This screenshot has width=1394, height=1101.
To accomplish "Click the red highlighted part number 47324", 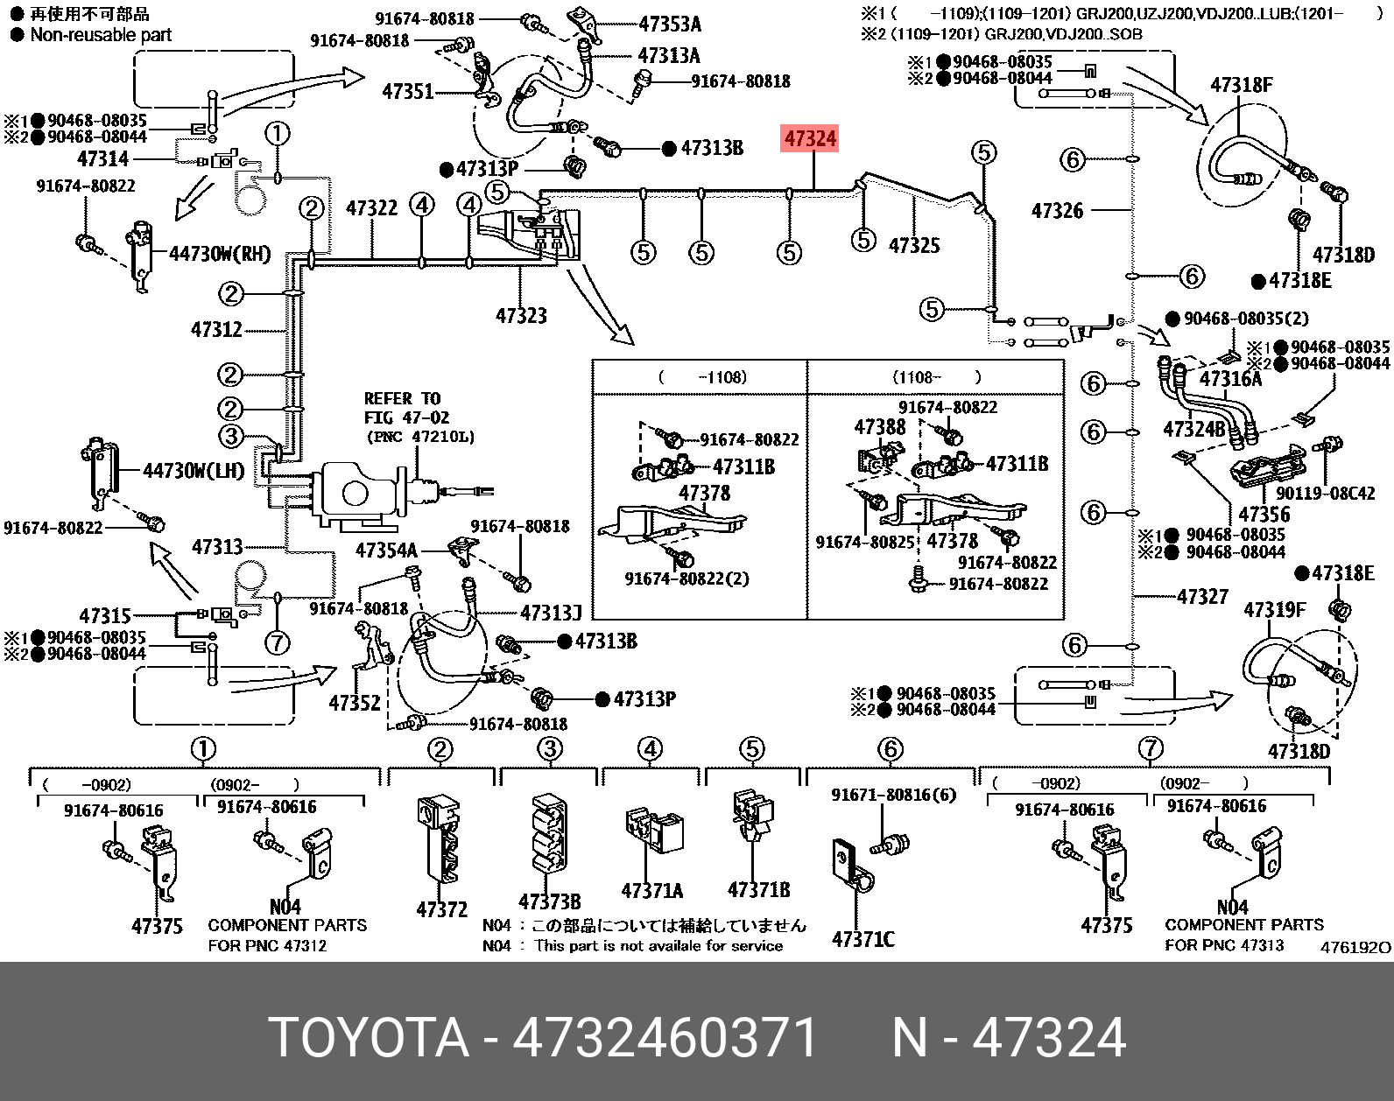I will point(810,138).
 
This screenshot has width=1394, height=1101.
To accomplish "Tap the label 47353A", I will point(669,25).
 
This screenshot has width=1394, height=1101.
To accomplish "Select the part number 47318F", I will point(1242,85).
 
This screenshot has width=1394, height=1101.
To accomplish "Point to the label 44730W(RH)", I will point(220,254).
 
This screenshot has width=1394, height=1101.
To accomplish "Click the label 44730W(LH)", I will point(194,471).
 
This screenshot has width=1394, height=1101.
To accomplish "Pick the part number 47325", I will point(914,245).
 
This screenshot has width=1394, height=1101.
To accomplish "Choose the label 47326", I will point(1057,211).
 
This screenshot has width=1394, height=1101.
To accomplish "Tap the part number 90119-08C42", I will point(1325,494).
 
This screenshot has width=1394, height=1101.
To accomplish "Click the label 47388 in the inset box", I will point(880,427).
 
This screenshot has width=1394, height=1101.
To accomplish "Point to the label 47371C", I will point(862,939).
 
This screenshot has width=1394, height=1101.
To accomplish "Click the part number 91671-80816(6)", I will point(893,795).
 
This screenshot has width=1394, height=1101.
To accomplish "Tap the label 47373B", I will point(549,901).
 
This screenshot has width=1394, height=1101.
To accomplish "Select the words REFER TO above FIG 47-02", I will point(402,399).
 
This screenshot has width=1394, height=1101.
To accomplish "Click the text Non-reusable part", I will point(101,35).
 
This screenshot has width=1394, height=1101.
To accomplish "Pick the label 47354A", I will point(386,550).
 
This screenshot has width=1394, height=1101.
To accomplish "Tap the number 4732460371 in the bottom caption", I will point(665,1038).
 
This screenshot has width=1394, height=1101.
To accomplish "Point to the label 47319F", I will point(1274,610).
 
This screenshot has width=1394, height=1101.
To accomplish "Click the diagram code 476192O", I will point(1355,947).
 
